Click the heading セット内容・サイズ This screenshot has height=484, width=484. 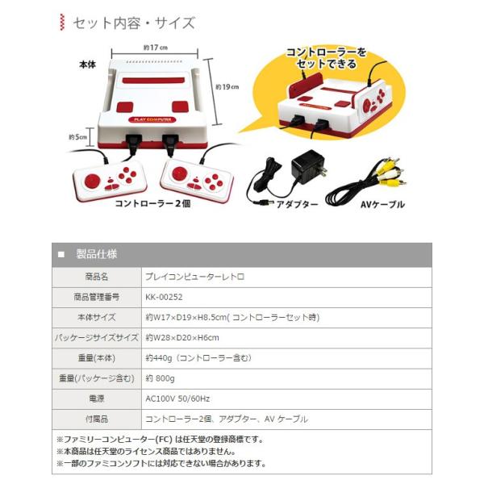click(x=133, y=23)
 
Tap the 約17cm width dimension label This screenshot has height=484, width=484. click(x=156, y=48)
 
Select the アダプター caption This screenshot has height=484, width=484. click(x=297, y=205)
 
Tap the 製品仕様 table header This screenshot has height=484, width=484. click(x=96, y=254)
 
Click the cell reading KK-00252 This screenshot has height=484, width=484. click(x=164, y=297)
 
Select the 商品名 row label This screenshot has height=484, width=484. click(x=96, y=277)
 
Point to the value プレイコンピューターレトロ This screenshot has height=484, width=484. click(x=194, y=277)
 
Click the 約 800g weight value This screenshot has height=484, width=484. click(x=161, y=378)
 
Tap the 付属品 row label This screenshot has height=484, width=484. click(x=96, y=419)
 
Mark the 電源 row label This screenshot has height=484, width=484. click(x=96, y=398)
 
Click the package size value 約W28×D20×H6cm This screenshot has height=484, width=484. click(x=182, y=338)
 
